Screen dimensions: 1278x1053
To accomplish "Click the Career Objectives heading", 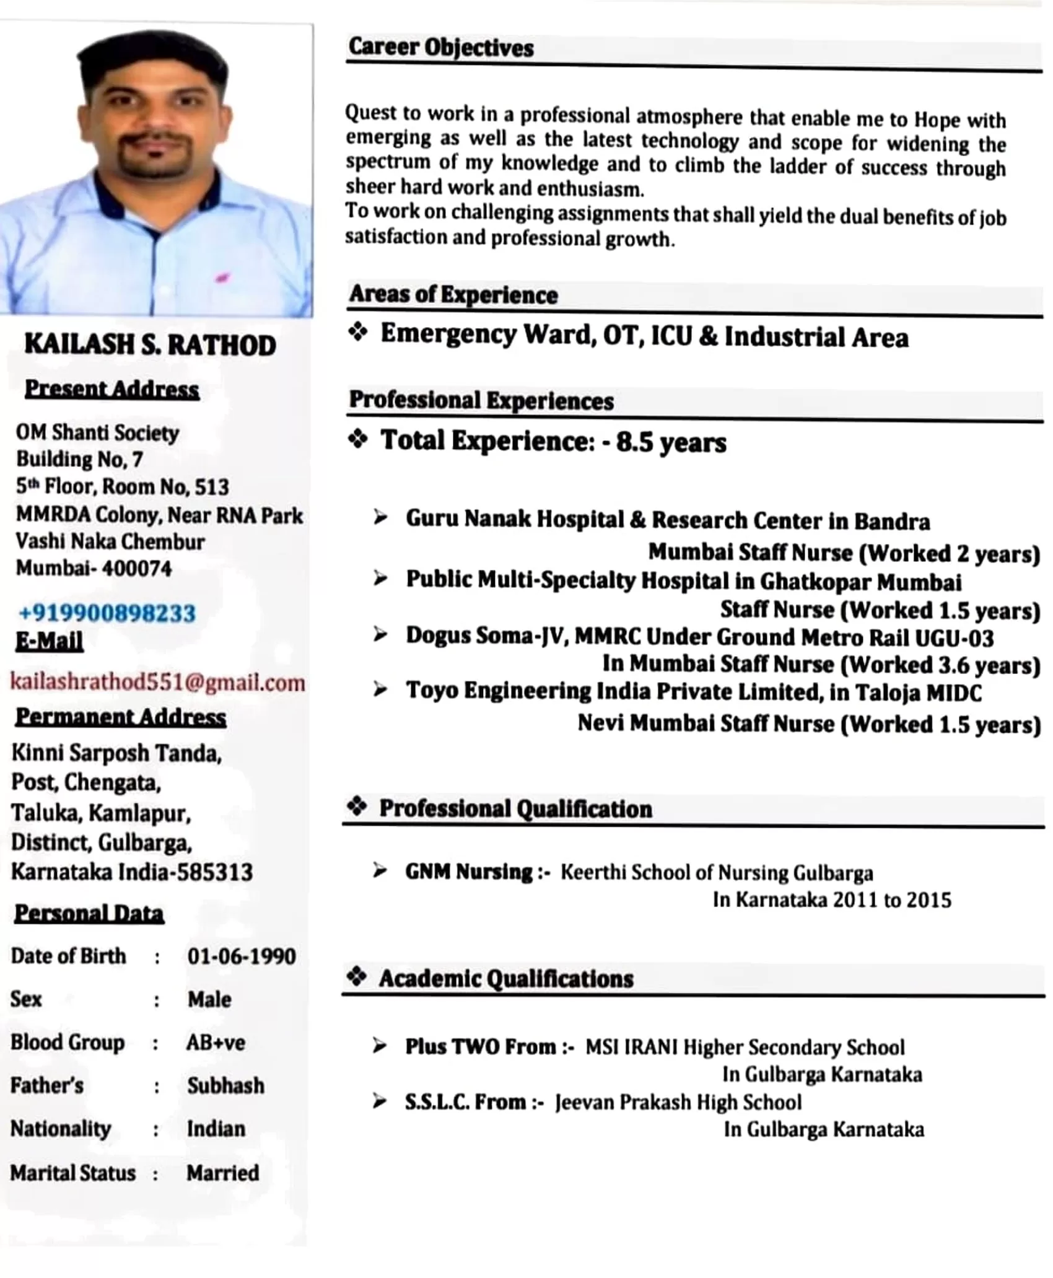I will [x=440, y=48].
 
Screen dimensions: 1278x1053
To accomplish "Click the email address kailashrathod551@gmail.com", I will [x=157, y=682].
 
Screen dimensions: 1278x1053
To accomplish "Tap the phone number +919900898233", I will [x=107, y=613].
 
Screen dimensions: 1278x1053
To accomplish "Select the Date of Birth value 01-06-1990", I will [x=241, y=956].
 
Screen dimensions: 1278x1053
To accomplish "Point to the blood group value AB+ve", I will [x=216, y=1042].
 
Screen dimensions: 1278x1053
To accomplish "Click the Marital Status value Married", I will [x=222, y=1172].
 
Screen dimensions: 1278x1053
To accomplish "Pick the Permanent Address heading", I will [x=121, y=717].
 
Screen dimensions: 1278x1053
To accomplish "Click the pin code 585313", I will [x=215, y=872].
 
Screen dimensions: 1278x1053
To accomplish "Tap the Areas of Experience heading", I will [x=453, y=294].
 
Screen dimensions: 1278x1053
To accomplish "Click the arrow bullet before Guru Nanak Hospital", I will [x=380, y=517].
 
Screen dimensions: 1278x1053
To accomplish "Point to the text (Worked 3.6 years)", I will [x=940, y=665].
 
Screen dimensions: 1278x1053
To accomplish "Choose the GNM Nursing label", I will [x=469, y=872].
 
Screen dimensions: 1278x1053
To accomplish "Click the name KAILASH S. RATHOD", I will [x=150, y=345].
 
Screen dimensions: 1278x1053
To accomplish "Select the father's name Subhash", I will [x=225, y=1085].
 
